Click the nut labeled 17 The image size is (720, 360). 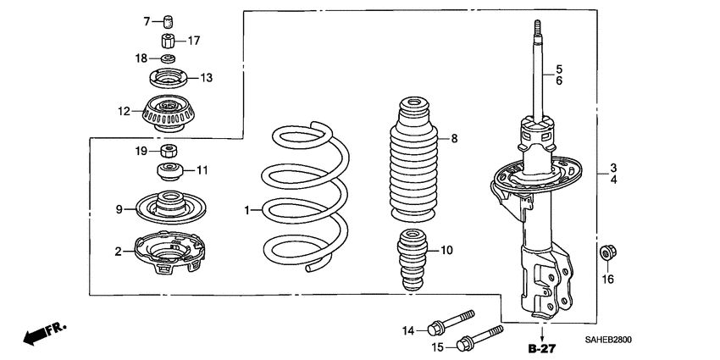(168, 40)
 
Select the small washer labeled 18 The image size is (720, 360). (168, 59)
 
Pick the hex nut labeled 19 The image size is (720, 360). (172, 152)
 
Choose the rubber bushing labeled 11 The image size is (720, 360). (172, 173)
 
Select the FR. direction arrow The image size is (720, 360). (42, 334)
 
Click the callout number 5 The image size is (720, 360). (559, 68)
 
